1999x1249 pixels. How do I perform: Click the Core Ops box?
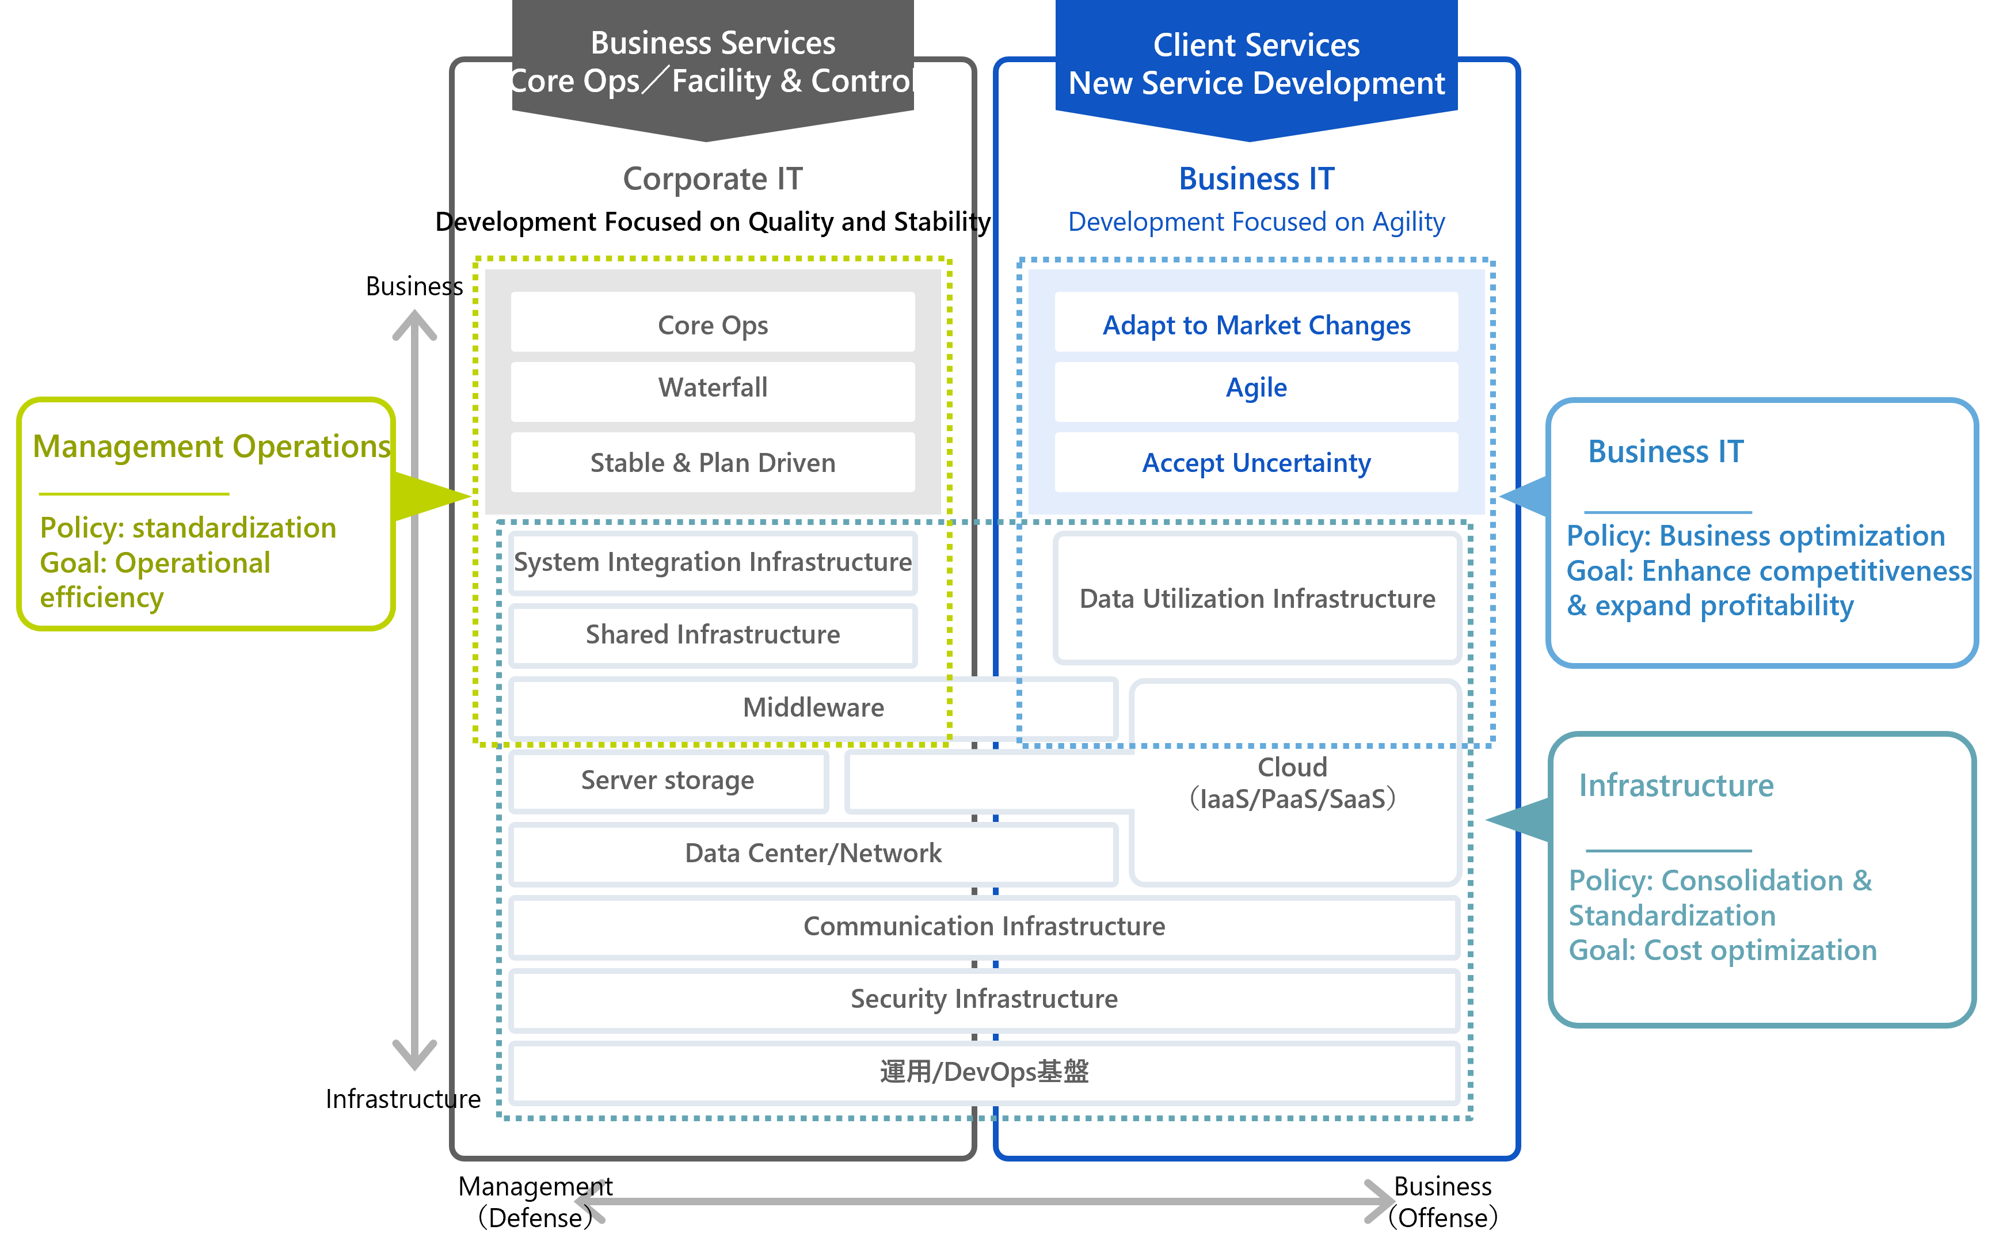tap(712, 325)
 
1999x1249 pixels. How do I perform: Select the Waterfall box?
tap(712, 387)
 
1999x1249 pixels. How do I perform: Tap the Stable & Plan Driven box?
tap(712, 463)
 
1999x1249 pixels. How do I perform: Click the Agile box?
tap(1255, 387)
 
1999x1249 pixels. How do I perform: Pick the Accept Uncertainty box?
tap(1255, 463)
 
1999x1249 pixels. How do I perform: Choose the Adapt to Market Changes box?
tap(1255, 325)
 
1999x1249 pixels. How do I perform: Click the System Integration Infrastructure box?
tap(712, 562)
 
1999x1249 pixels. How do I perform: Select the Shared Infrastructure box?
tap(712, 634)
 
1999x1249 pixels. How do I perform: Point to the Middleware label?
tap(813, 708)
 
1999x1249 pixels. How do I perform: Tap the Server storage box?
tap(668, 780)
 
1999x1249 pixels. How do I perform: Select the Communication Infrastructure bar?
tap(983, 926)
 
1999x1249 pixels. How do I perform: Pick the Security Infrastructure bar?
tap(983, 999)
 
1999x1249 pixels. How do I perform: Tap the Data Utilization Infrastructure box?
tap(1256, 598)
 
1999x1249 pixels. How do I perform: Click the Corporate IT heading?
tap(712, 179)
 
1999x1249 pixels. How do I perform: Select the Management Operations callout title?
tap(211, 446)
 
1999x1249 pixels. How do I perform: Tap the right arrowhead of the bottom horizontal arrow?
tap(1381, 1201)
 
